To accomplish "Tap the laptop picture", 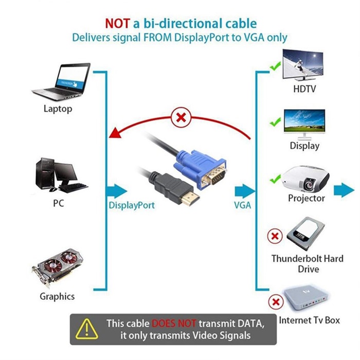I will point(62,82).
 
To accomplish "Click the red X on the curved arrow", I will point(181,118).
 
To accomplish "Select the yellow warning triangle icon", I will point(86,328).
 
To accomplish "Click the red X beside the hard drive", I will point(276,237).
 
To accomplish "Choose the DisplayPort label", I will point(132,205).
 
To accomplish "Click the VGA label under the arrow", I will point(242,205).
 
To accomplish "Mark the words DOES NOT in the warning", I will point(173,323).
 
